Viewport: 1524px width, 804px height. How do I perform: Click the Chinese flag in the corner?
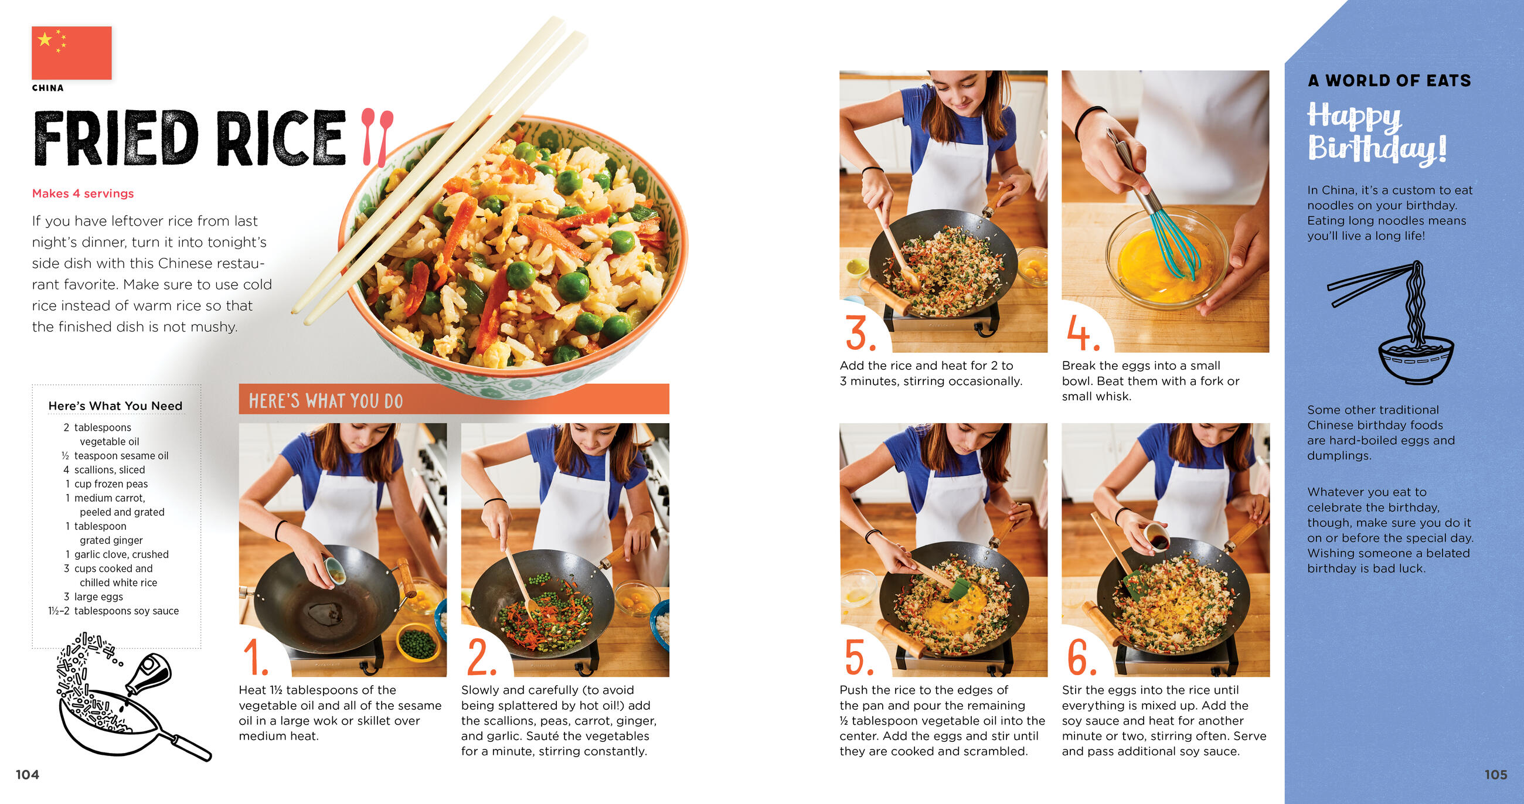tap(72, 53)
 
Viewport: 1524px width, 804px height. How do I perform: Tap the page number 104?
tap(27, 775)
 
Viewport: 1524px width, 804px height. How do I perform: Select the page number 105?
tap(1496, 775)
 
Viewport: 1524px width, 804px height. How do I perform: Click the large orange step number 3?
tap(860, 333)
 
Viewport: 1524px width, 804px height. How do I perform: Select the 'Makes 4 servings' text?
tap(83, 193)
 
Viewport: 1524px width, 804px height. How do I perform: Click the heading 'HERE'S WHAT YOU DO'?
tap(325, 401)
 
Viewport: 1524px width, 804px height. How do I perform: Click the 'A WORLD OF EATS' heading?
tap(1389, 80)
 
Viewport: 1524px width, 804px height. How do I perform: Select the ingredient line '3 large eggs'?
tap(93, 597)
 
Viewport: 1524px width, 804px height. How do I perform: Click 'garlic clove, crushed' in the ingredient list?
tap(121, 554)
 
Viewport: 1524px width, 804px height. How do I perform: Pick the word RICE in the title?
tap(281, 138)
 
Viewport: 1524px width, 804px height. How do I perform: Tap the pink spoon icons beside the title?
tap(377, 137)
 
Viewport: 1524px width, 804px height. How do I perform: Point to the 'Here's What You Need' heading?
tap(115, 406)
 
